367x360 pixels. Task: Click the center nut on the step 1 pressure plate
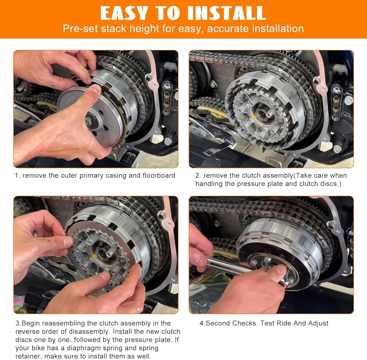point(88,121)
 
